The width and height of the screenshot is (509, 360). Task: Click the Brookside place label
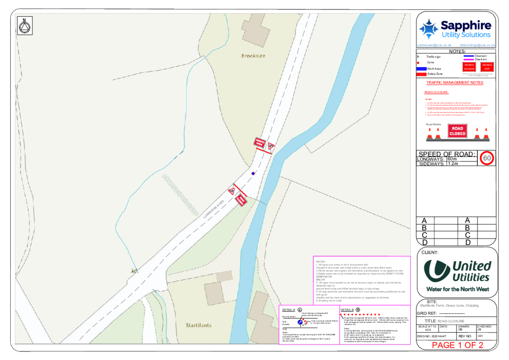click(253, 56)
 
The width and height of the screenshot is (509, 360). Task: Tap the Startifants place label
click(198, 325)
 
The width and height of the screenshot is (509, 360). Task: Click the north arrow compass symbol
click(25, 26)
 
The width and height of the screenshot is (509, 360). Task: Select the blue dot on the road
click(253, 174)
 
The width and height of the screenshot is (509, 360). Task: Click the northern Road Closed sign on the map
click(260, 142)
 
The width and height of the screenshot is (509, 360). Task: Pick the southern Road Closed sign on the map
click(240, 200)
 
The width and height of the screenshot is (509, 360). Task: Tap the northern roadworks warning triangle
click(270, 146)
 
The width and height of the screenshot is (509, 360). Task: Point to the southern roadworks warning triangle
click(231, 191)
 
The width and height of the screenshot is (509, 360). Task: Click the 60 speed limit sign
click(487, 158)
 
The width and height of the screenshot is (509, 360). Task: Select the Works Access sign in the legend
click(469, 67)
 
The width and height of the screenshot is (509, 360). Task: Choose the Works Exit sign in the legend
click(487, 67)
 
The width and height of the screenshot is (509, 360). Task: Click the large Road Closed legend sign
click(457, 131)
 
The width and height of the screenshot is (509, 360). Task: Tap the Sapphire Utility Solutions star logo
click(428, 30)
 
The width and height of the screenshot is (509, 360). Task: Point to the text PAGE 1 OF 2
click(457, 345)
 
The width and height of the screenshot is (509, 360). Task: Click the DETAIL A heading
click(288, 309)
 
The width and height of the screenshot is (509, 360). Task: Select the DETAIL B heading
click(347, 309)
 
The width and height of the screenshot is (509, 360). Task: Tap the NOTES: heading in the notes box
click(321, 261)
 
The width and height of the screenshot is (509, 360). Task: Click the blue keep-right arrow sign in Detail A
click(300, 322)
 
